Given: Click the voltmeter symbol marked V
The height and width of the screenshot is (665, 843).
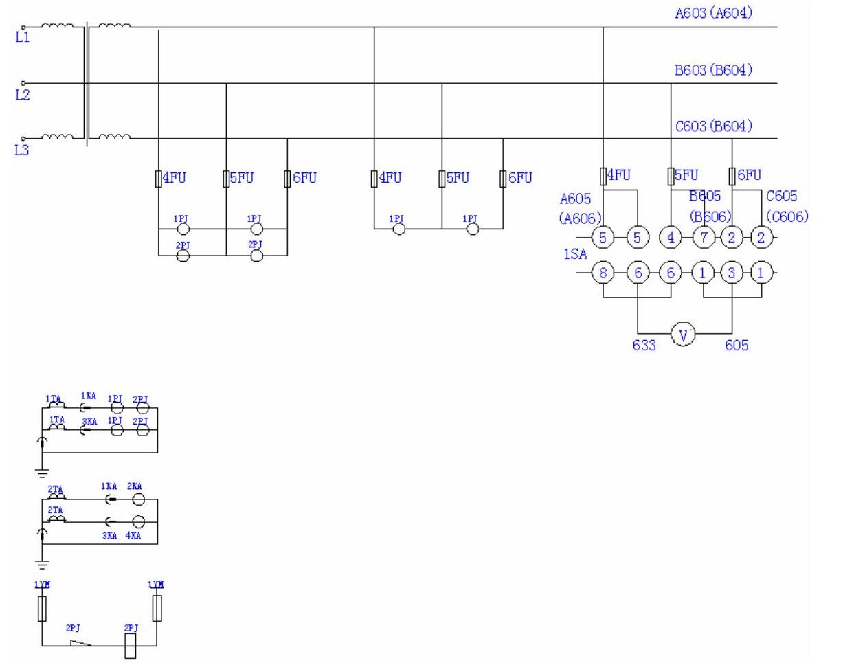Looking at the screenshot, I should point(683,335).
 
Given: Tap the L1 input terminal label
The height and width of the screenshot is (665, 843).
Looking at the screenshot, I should point(23,37).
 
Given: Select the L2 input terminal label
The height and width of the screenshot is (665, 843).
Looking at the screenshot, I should point(23,95).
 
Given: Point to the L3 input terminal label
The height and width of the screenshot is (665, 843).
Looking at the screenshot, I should point(22,150).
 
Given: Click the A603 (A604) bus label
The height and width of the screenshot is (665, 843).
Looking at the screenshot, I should point(713,12).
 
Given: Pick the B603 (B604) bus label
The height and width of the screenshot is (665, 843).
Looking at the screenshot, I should point(713,69).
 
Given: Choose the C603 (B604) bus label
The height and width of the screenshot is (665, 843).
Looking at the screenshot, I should point(713,126).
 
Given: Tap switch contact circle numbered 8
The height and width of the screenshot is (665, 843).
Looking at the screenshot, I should point(603,273).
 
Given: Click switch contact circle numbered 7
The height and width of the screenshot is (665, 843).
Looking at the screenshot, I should point(704,238).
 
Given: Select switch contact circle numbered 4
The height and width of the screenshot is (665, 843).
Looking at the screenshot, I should point(670,238).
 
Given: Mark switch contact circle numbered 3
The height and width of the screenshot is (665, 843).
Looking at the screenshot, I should point(732,273).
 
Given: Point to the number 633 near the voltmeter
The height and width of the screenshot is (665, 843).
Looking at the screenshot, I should point(644,345).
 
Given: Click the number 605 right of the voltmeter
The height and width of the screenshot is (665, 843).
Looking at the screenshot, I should point(737,345).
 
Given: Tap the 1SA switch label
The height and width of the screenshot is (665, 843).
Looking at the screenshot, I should point(575,254).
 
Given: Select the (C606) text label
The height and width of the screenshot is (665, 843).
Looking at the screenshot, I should point(787,216).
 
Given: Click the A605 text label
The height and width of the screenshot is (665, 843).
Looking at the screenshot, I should point(575,199).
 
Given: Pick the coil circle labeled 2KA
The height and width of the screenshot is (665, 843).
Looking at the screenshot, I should point(138,499).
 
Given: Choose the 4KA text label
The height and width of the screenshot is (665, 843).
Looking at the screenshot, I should point(133,536).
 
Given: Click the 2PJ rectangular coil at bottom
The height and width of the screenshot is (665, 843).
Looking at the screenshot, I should point(130,646).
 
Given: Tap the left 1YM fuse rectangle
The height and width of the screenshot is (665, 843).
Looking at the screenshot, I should point(42,608).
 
